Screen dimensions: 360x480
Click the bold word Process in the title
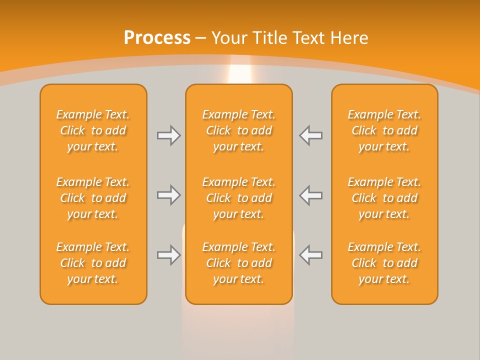point(157,38)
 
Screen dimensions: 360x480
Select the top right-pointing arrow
point(169,135)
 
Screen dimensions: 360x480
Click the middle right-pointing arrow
point(169,195)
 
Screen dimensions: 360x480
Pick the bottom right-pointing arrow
point(169,255)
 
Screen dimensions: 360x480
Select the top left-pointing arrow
point(310,135)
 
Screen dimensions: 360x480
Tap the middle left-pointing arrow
point(310,195)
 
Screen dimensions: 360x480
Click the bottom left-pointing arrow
point(310,255)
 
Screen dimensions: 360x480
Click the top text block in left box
point(93,130)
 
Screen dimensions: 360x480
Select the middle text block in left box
point(93,198)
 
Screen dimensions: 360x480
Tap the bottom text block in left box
point(93,263)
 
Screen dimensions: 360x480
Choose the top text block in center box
point(238,130)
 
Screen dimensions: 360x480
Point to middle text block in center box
point(238,198)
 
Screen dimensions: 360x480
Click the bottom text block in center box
point(238,263)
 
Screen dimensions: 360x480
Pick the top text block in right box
point(384,130)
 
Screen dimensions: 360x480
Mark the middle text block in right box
point(384,198)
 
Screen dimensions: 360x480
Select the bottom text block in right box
point(384,263)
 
